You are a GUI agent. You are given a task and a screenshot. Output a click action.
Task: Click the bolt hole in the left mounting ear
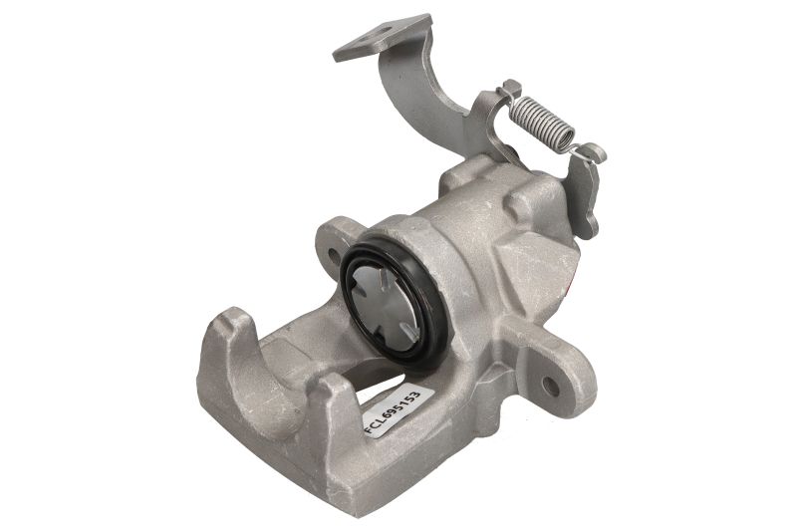coord(333,253)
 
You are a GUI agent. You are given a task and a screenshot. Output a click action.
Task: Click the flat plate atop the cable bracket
coord(383,39)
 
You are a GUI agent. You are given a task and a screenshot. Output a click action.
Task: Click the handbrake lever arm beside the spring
coord(586,193)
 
